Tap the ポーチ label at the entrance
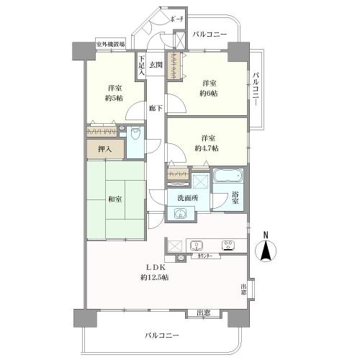(x=179, y=19)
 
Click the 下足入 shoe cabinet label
(x=142, y=66)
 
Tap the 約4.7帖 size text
(x=208, y=148)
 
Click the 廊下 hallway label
(x=155, y=107)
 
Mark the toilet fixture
(x=135, y=134)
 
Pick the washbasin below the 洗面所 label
(x=181, y=212)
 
